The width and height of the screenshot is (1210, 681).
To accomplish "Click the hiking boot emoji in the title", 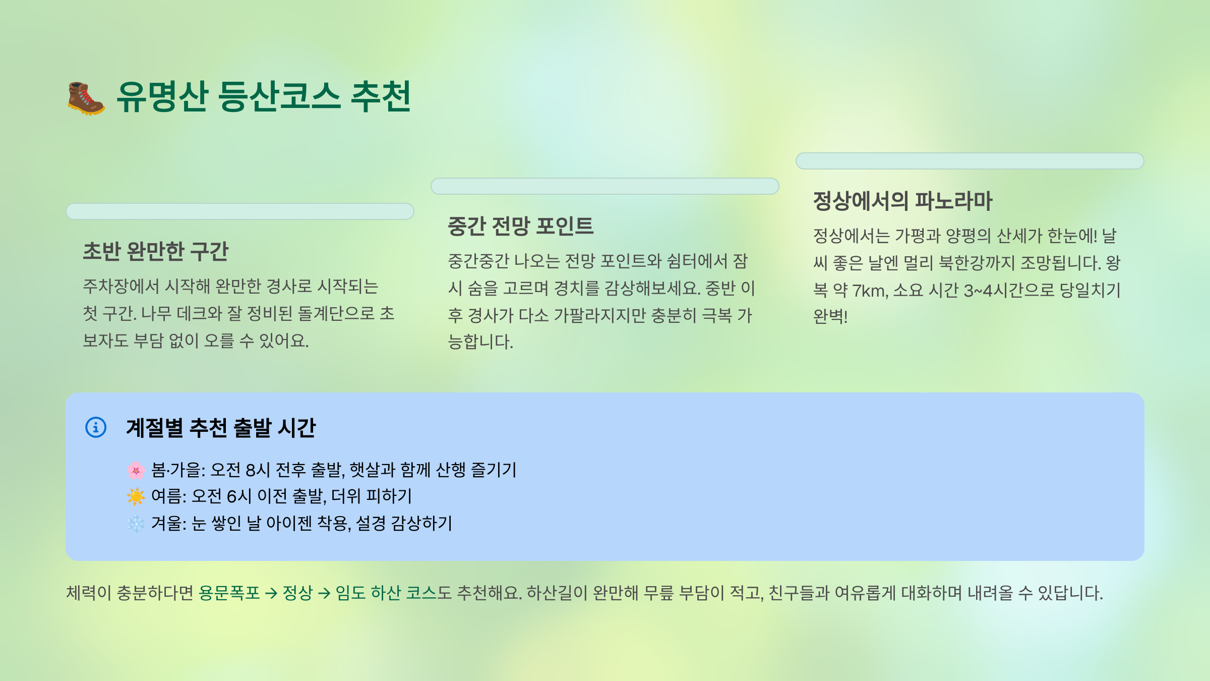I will pyautogui.click(x=86, y=98).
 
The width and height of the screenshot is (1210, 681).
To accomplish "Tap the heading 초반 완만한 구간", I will pyautogui.click(x=156, y=251).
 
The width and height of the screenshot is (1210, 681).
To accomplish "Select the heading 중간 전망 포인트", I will pyautogui.click(x=520, y=226).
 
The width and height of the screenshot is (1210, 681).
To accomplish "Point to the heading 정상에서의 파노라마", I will pyautogui.click(x=902, y=201).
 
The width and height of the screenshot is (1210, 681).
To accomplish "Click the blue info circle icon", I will pyautogui.click(x=96, y=427).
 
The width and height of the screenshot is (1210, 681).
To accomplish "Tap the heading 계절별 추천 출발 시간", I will pyautogui.click(x=221, y=428).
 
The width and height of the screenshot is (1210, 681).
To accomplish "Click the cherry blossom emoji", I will pyautogui.click(x=136, y=470).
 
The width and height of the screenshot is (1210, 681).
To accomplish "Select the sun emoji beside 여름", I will pyautogui.click(x=136, y=496).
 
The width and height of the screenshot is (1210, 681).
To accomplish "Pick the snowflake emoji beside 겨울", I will pyautogui.click(x=136, y=524).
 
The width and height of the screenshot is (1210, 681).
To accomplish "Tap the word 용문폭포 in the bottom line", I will pyautogui.click(x=229, y=593).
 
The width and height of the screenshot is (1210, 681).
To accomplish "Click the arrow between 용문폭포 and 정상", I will pyautogui.click(x=271, y=593).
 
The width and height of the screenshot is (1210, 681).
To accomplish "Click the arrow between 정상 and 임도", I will pyautogui.click(x=324, y=593).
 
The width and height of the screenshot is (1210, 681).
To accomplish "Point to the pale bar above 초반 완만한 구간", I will pyautogui.click(x=240, y=211).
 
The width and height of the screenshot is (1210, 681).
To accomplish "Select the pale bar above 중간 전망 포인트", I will pyautogui.click(x=605, y=186).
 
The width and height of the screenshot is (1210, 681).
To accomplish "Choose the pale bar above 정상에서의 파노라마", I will pyautogui.click(x=970, y=161).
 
